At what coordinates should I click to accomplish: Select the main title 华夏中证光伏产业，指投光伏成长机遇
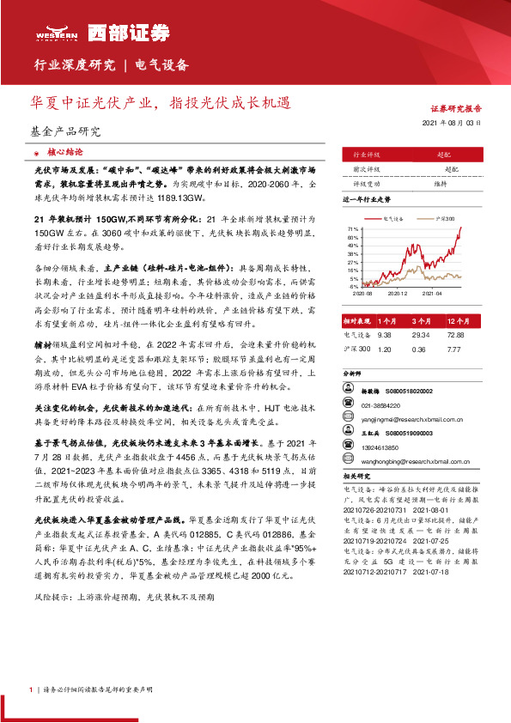(160, 103)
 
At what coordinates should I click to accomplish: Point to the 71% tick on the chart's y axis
(352, 229)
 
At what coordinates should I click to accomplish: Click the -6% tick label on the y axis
(353, 287)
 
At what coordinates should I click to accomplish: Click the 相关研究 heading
(356, 475)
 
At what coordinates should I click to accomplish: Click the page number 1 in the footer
(31, 690)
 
